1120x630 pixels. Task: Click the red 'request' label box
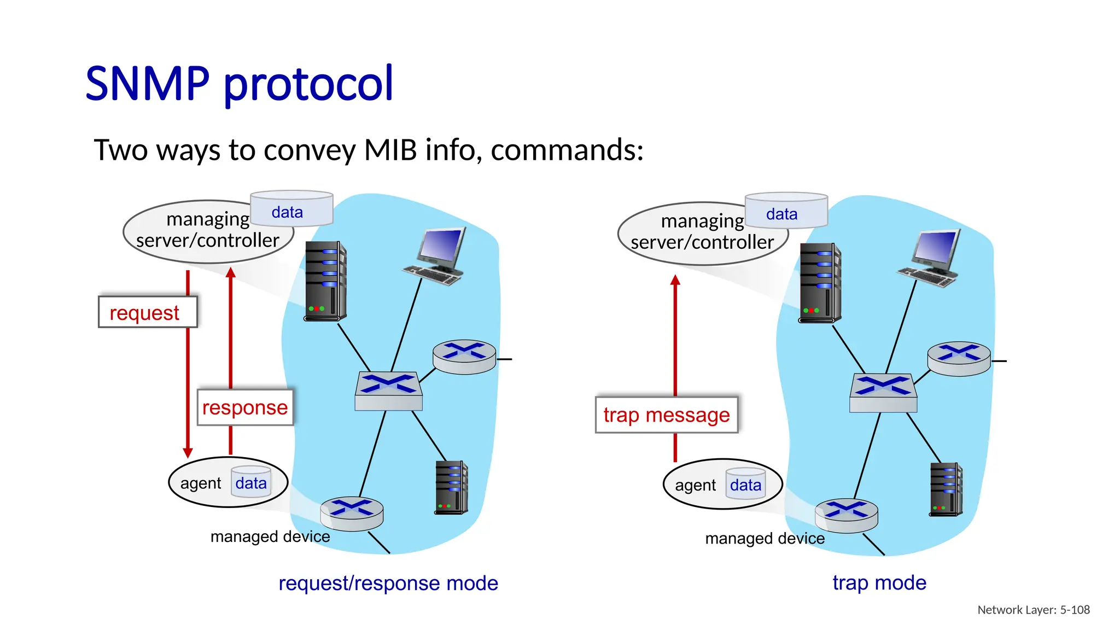147,312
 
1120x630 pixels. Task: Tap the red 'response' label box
245,407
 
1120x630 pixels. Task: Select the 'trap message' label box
666,415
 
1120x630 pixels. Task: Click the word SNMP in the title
147,84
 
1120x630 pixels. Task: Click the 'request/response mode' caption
388,583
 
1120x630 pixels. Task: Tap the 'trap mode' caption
879,582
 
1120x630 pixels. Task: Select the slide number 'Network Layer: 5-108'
1033,610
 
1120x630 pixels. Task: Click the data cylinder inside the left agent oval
251,482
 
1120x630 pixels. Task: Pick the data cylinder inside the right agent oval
745,485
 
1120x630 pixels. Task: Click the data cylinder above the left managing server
291,209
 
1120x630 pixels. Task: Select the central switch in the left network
388,390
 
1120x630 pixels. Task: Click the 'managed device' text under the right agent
765,539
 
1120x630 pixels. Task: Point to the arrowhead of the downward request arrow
188,453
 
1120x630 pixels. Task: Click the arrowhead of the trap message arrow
675,280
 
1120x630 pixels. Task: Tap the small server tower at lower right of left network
451,487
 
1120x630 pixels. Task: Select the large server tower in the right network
819,283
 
